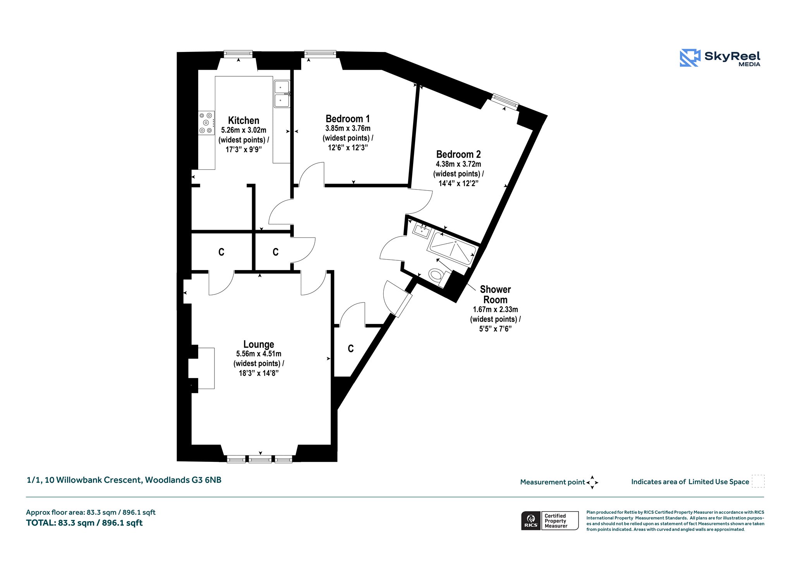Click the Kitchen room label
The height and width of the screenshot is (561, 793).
pyautogui.click(x=244, y=120)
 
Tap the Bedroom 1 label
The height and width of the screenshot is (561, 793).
pyautogui.click(x=348, y=119)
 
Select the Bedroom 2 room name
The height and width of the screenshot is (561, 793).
pyautogui.click(x=458, y=154)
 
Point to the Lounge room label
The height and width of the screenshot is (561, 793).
pyautogui.click(x=259, y=344)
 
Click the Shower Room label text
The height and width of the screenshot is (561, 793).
pyautogui.click(x=495, y=294)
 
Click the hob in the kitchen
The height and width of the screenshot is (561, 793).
pyautogui.click(x=206, y=123)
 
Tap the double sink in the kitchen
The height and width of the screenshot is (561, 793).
pyautogui.click(x=282, y=94)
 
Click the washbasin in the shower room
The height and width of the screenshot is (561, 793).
pyautogui.click(x=422, y=230)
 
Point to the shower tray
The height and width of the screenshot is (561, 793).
pyautogui.click(x=452, y=248)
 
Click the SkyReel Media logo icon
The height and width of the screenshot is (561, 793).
pyautogui.click(x=690, y=58)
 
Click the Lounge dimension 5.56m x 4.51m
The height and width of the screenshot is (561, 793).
pyautogui.click(x=259, y=354)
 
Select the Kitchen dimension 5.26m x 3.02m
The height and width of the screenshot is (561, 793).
pyautogui.click(x=244, y=130)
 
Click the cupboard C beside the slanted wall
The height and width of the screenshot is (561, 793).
pyautogui.click(x=351, y=349)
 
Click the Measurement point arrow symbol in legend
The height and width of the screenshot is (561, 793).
pyautogui.click(x=592, y=482)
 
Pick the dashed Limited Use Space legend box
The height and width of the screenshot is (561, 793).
pyautogui.click(x=758, y=481)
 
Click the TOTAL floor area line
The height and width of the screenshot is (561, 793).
pyautogui.click(x=84, y=523)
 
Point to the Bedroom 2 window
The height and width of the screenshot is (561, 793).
pyautogui.click(x=505, y=102)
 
